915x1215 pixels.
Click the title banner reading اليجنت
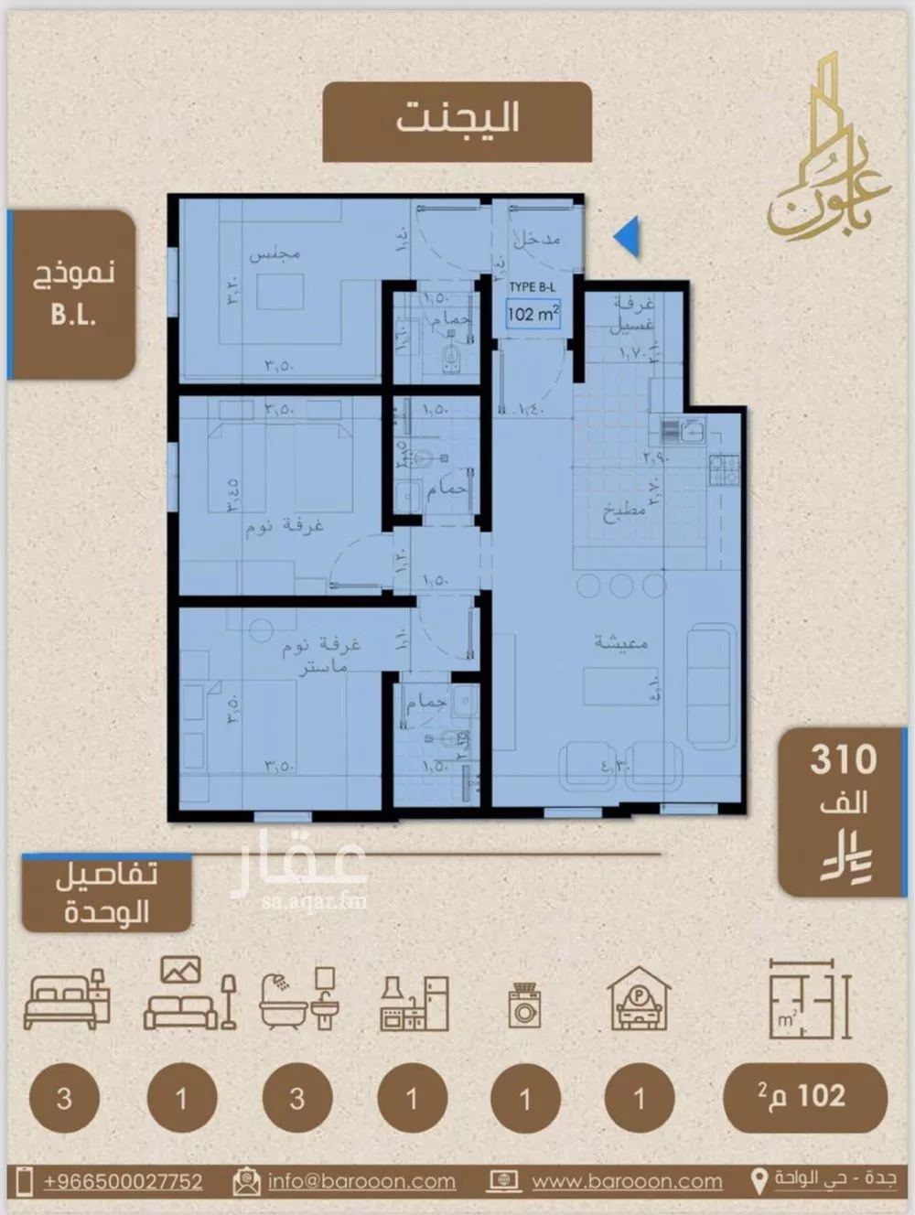[457, 121]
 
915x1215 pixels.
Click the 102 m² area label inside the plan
[533, 314]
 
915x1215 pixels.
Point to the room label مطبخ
[624, 511]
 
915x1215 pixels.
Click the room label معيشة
[620, 642]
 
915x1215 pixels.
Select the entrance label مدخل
[536, 240]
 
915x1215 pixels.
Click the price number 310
[843, 759]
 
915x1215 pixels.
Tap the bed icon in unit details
[67, 999]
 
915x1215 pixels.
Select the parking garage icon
[639, 999]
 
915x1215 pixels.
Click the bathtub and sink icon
[297, 999]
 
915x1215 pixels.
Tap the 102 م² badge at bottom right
[804, 1097]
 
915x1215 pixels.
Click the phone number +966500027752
[123, 1181]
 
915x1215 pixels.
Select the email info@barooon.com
[361, 1181]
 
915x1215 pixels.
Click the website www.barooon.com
[626, 1181]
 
